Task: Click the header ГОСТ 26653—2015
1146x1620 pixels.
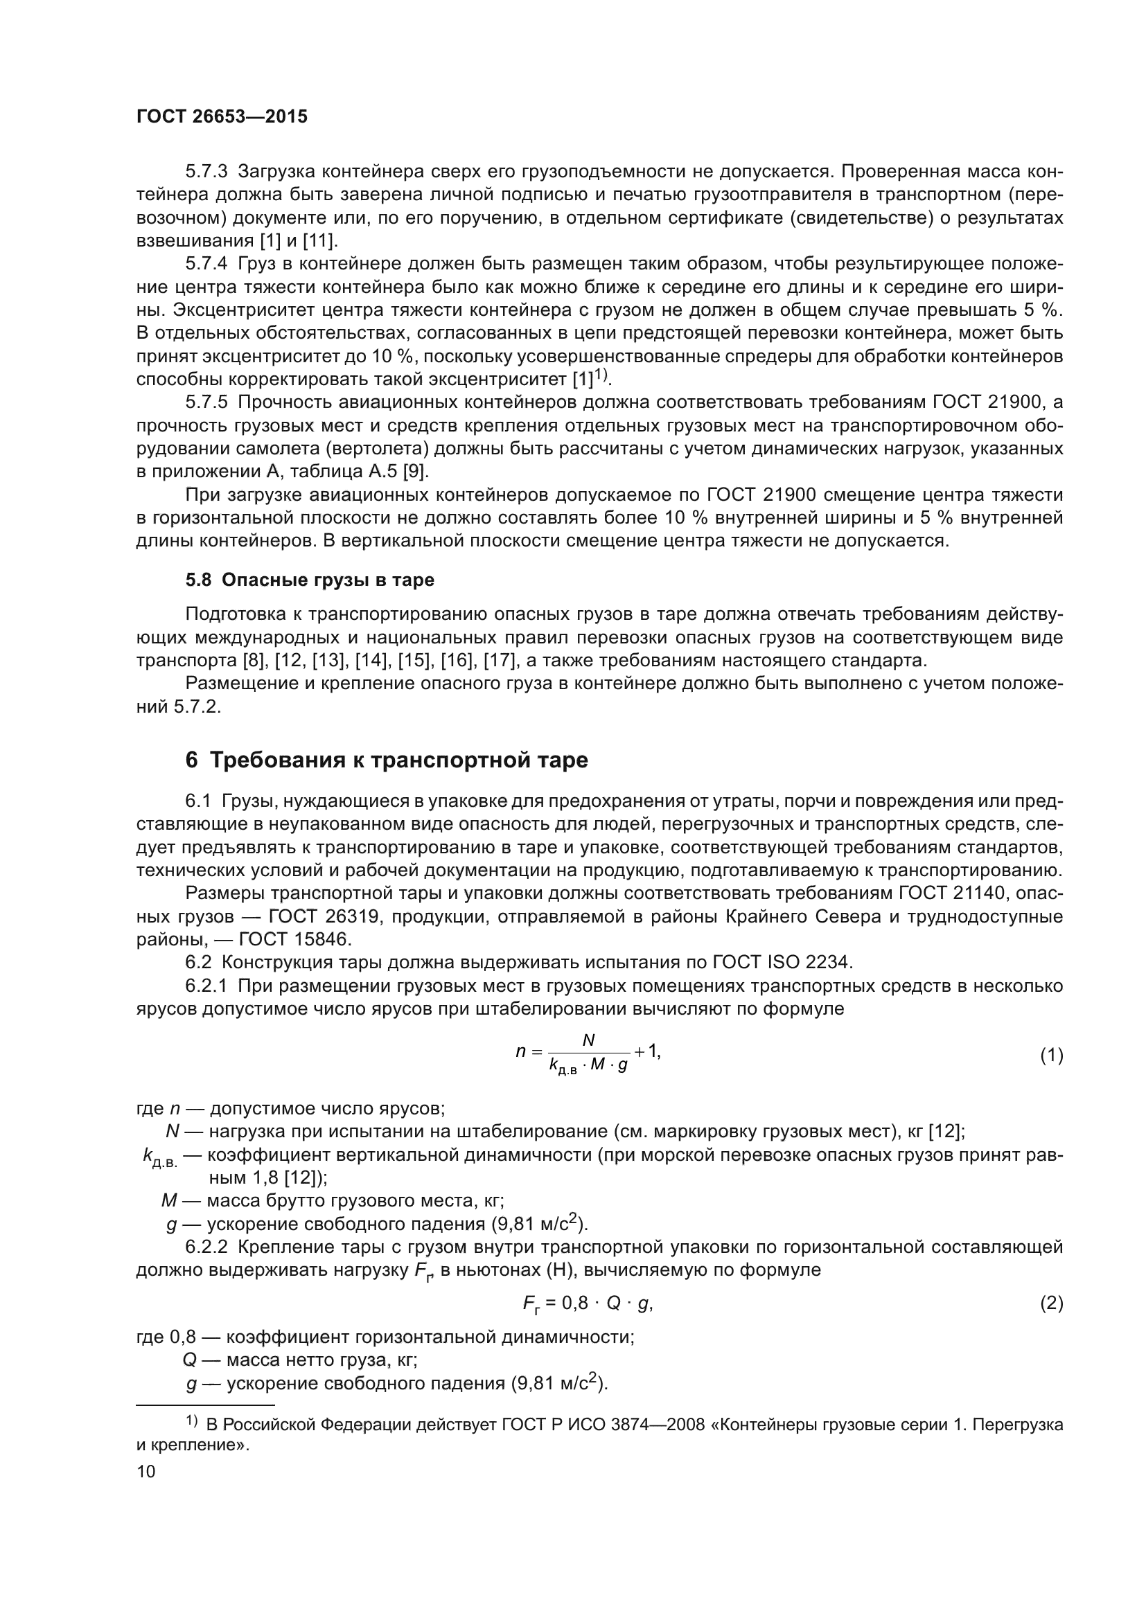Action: (222, 117)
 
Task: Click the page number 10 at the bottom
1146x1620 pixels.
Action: (146, 1471)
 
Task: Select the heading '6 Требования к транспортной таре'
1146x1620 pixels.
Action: (386, 760)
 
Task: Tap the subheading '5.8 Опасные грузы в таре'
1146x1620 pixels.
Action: (310, 580)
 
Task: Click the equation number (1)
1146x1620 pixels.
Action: (1051, 1056)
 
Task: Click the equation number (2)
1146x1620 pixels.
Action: (1051, 1303)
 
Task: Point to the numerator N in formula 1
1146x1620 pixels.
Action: (588, 1040)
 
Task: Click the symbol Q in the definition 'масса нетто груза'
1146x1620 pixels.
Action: (189, 1360)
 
